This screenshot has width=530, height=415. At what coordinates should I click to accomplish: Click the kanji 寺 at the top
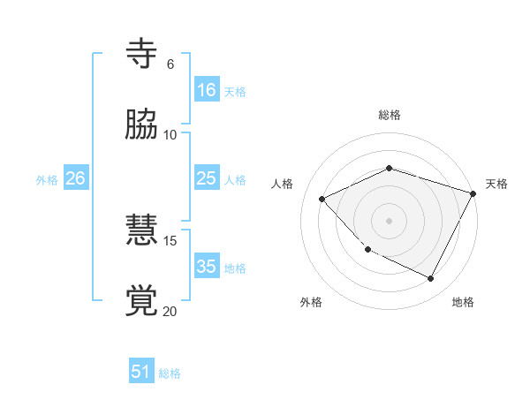(142, 54)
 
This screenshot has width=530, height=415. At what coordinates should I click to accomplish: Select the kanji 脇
(142, 125)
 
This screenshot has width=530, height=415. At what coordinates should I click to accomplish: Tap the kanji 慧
(142, 232)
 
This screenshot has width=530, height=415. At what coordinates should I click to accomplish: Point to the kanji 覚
(142, 301)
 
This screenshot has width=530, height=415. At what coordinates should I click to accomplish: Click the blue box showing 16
(207, 90)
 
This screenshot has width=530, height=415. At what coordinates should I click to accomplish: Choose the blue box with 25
(207, 178)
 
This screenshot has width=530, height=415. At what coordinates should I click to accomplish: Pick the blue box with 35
(207, 267)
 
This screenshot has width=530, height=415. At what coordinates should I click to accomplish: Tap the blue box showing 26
(75, 178)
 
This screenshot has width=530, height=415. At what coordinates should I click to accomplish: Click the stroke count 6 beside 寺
(170, 64)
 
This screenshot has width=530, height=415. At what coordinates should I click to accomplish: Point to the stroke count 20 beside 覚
(170, 310)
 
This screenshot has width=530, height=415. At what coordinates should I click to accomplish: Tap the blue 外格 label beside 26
(47, 179)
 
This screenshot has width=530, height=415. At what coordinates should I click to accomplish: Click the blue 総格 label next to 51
(170, 373)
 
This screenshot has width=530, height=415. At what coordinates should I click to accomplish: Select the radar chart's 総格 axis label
(390, 115)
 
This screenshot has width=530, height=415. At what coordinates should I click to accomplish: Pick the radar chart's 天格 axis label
(496, 184)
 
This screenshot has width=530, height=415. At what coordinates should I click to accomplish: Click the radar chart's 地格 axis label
(463, 302)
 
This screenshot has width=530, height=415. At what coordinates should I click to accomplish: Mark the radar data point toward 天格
(473, 192)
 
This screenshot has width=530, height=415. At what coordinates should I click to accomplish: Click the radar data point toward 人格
(322, 199)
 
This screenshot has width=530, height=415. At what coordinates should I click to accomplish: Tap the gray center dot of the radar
(389, 220)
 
